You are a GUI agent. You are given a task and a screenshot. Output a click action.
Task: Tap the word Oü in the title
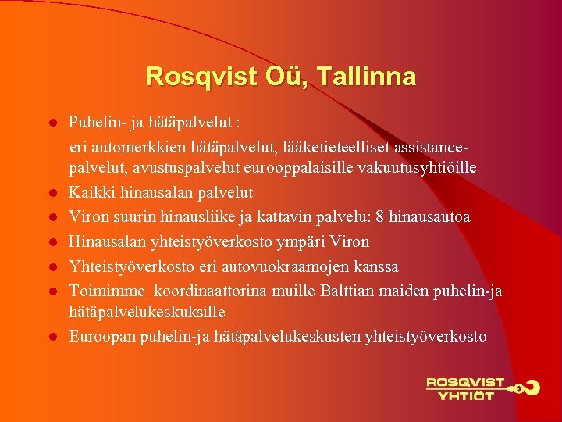279,77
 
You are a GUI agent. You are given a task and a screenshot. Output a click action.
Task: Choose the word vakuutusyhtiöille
421,168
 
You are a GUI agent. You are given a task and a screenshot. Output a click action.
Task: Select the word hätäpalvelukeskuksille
147,313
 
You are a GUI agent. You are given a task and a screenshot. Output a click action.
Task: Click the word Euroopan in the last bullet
100,336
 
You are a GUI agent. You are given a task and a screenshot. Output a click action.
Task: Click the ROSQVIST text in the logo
465,383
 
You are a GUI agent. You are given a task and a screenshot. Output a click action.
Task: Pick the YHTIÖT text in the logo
466,395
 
